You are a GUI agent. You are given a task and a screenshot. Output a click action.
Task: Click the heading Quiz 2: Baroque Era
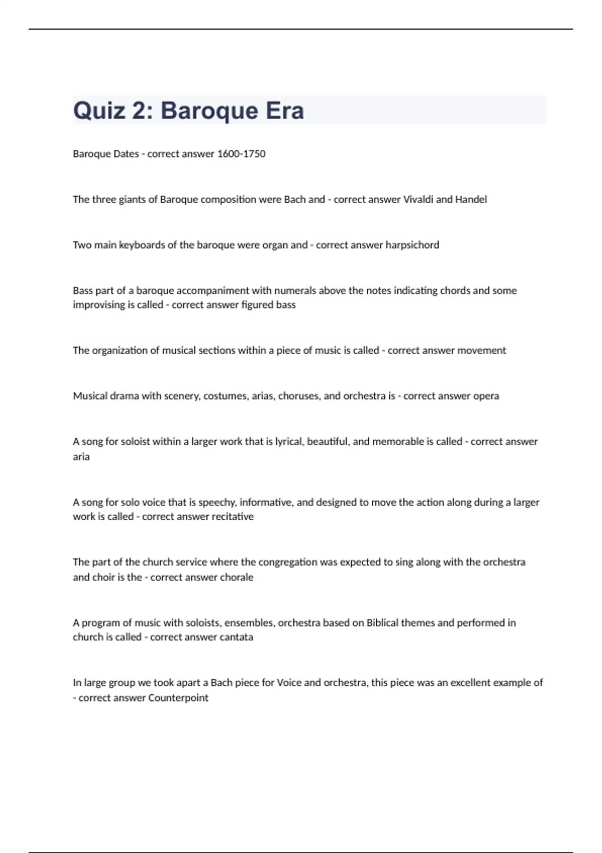(x=188, y=110)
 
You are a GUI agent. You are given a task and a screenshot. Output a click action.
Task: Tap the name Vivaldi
(x=418, y=200)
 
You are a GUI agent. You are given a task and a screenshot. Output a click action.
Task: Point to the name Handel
(x=471, y=200)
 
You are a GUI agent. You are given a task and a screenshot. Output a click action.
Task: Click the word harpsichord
(x=412, y=245)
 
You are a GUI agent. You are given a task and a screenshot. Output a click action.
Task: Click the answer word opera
(x=486, y=396)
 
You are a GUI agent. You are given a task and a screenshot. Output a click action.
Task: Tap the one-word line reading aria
(x=81, y=457)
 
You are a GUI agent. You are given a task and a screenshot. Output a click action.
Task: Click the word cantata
(x=236, y=637)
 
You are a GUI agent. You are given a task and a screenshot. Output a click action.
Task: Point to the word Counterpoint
(x=178, y=698)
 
